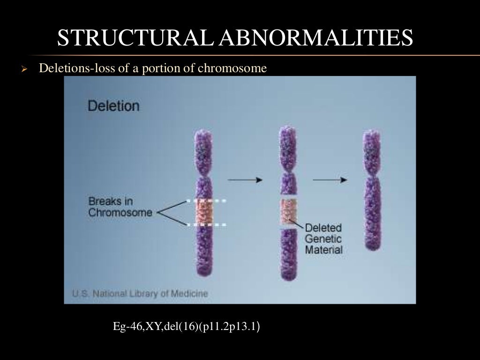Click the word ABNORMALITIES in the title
click(317, 38)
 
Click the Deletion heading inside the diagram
click(113, 105)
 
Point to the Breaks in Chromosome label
click(120, 207)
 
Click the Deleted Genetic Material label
click(323, 239)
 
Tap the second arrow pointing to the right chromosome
click(330, 179)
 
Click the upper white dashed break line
click(207, 201)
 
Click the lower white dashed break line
click(207, 225)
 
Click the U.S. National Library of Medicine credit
click(140, 294)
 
